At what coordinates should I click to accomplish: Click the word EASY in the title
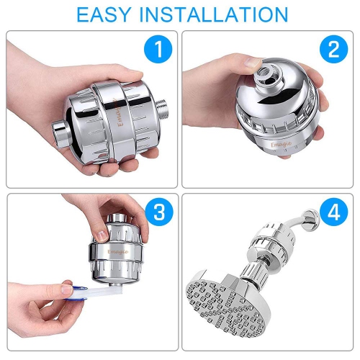click(x=104, y=15)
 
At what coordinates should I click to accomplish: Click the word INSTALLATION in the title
click(x=214, y=15)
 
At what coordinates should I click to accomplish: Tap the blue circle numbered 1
click(x=158, y=49)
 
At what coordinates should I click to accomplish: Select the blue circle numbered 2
click(x=334, y=49)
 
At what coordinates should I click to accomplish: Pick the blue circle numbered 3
click(x=159, y=212)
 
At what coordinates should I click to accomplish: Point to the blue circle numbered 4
click(x=334, y=212)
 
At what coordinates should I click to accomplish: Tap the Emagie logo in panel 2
click(x=281, y=145)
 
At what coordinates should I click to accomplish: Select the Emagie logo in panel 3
click(x=118, y=251)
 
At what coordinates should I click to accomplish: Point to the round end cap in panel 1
click(x=60, y=133)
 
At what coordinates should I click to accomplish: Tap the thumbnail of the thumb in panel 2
click(x=251, y=63)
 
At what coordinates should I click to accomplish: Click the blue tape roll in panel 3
click(x=77, y=293)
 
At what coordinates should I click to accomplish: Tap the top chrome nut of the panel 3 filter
click(x=117, y=218)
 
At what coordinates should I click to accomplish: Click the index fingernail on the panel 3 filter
click(x=102, y=236)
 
